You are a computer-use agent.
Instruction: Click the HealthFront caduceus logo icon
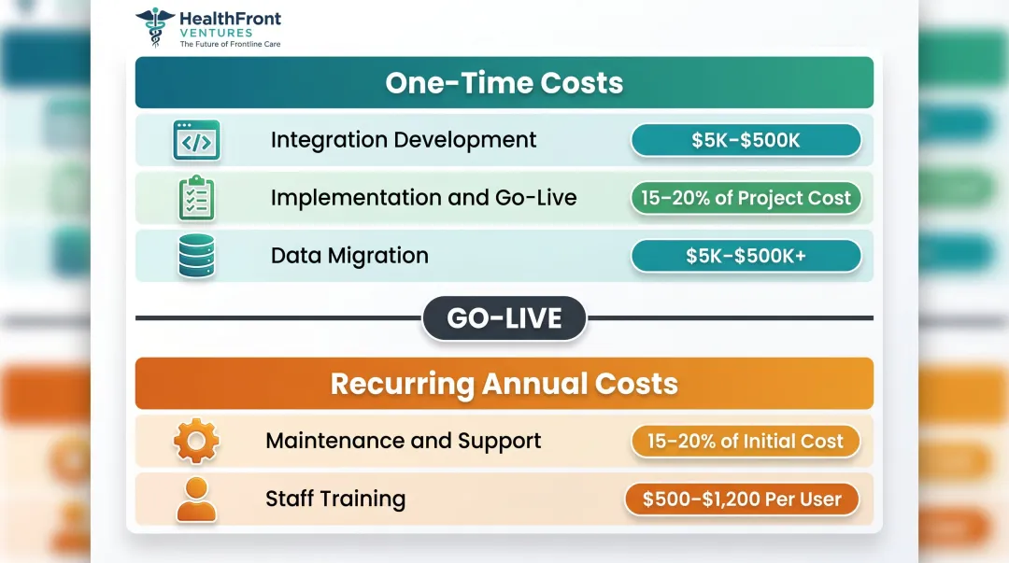pos(154,27)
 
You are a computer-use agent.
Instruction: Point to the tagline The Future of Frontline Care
pos(229,44)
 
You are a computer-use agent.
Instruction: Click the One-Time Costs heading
pos(504,82)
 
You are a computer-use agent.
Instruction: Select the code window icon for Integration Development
pos(196,141)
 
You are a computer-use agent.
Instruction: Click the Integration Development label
pos(404,140)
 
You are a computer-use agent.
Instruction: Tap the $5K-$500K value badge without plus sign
pos(746,140)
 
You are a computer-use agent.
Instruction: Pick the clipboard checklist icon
pos(196,198)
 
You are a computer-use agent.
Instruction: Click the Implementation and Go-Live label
pos(423,198)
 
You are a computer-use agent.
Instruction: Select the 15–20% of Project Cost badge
pos(746,198)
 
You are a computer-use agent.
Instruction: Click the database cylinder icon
pos(196,256)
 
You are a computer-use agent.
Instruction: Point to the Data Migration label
pos(349,256)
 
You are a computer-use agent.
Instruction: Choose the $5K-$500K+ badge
pos(746,256)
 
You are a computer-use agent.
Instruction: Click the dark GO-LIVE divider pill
pos(504,318)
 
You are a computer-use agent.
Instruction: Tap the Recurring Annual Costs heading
pos(504,384)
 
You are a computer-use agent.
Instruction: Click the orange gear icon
pos(196,442)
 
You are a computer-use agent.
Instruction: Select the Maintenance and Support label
pos(403,441)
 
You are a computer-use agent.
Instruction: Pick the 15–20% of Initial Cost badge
pos(745,441)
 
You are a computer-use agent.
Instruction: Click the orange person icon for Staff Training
pos(196,500)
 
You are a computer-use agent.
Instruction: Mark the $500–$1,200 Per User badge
pos(742,499)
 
